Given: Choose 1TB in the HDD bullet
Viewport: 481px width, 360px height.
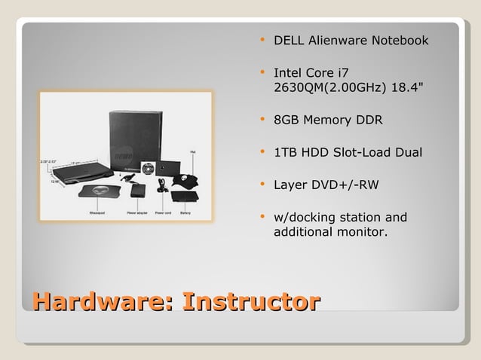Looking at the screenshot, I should [286, 153].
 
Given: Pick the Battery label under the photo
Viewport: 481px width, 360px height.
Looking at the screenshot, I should [185, 213].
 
